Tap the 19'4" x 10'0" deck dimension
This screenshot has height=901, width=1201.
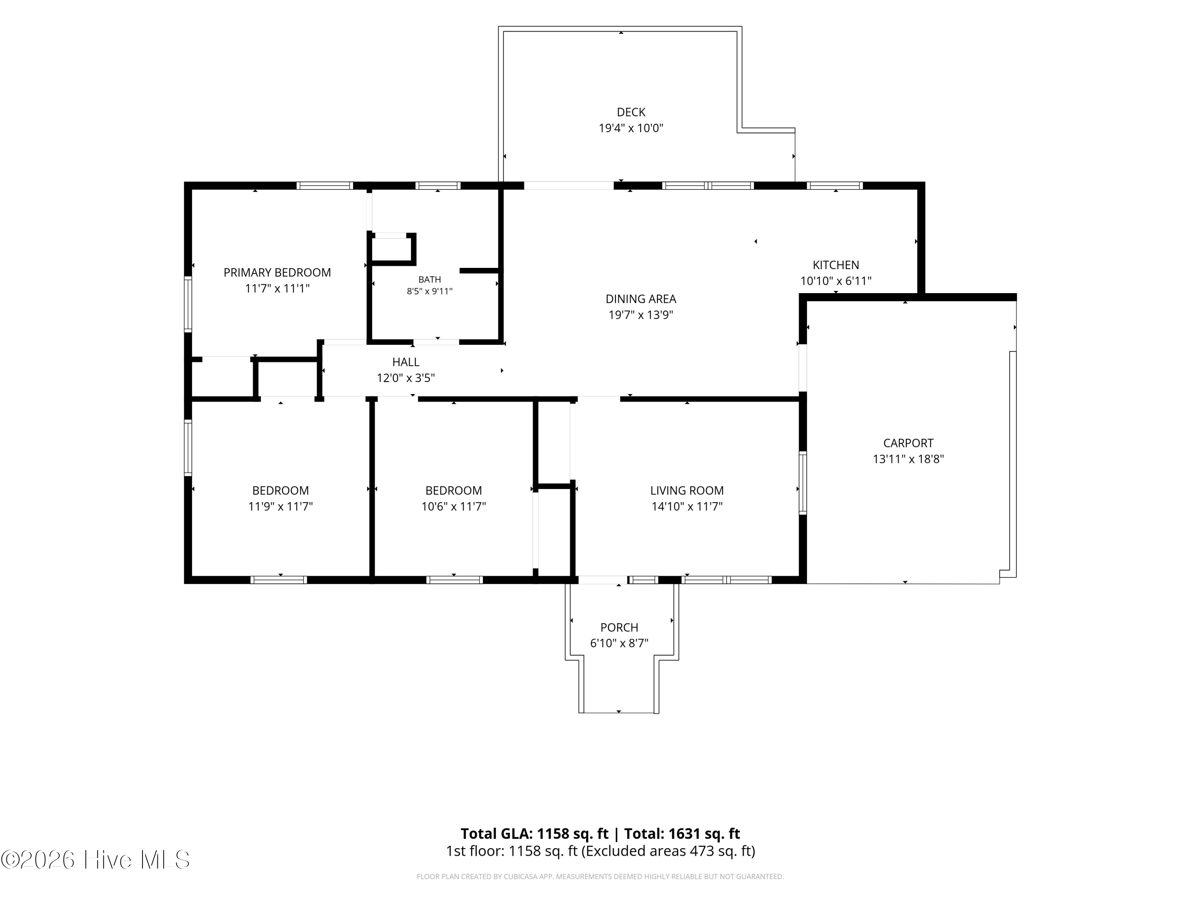click(631, 128)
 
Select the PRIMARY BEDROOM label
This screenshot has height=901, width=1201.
click(277, 273)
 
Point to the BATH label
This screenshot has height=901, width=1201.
click(430, 280)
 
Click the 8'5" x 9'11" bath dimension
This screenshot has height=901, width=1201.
click(430, 291)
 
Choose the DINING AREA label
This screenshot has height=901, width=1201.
click(641, 299)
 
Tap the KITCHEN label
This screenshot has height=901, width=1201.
click(835, 265)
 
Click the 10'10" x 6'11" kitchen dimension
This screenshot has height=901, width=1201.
click(835, 281)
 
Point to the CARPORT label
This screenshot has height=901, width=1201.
click(908, 443)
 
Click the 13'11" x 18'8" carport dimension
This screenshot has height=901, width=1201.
click(908, 459)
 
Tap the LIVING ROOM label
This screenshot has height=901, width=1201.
click(687, 491)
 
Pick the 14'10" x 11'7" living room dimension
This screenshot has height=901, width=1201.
click(687, 507)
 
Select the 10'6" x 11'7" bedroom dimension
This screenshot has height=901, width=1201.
click(453, 507)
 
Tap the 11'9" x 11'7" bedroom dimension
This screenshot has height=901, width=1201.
click(280, 507)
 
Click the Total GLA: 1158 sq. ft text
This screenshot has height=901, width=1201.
click(534, 834)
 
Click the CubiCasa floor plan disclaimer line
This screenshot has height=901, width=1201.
click(600, 877)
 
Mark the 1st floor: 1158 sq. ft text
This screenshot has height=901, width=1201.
click(512, 851)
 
